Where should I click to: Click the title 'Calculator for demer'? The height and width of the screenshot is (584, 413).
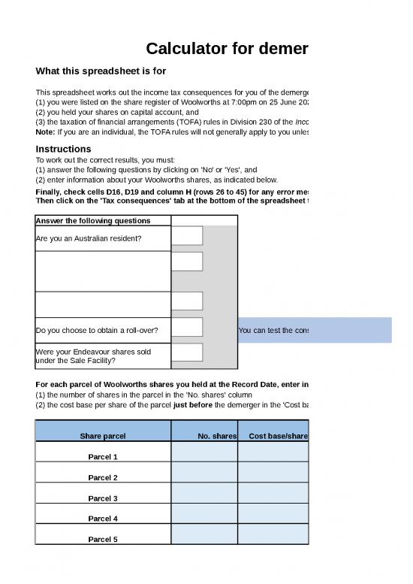pos(227,50)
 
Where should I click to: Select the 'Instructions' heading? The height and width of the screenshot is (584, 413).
pos(64,149)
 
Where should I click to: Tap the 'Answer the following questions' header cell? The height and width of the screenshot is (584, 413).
pos(93,220)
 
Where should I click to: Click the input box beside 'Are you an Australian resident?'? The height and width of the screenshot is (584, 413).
pos(187,236)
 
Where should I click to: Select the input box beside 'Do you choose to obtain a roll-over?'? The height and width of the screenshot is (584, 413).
pos(187,327)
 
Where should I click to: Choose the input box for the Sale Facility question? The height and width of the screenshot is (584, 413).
pos(187,353)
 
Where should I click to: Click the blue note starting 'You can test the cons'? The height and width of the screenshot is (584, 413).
pos(273,330)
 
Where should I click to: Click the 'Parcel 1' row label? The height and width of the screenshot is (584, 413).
pos(103,457)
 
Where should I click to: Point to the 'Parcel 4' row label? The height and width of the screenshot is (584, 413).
pos(103,519)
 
